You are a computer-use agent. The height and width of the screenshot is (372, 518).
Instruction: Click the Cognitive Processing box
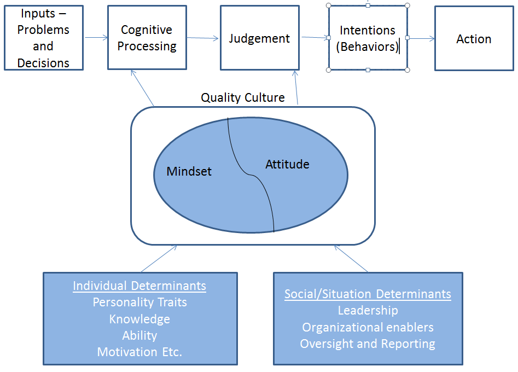pos(147,38)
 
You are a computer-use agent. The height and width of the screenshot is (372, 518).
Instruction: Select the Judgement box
pos(259,38)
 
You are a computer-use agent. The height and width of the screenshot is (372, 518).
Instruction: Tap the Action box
pos(474,39)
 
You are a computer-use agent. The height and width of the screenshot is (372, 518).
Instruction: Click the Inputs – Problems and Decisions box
pos(43,38)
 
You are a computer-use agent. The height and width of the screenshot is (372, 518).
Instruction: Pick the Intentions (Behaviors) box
pos(368,38)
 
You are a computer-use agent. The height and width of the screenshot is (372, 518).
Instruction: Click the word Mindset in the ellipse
pos(189,171)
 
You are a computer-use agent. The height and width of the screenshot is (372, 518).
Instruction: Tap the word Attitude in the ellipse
pos(287,164)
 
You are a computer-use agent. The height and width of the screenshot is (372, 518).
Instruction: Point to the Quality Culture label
pos(242,98)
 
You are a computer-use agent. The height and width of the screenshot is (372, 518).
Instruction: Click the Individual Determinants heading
pos(139,286)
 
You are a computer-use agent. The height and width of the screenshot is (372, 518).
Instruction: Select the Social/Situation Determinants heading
pos(368,294)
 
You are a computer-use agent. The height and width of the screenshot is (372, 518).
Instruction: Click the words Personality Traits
pos(139,302)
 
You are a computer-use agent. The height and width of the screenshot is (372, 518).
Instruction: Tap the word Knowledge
pos(139,319)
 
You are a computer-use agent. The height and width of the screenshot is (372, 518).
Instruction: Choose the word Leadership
pos(368,310)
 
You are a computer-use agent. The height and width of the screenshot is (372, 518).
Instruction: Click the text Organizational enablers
pos(368,327)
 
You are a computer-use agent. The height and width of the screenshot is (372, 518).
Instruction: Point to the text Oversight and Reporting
pos(368,344)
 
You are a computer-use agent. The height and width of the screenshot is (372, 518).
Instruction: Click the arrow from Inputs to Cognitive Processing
pos(96,38)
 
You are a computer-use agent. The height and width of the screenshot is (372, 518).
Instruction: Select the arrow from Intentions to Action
pos(421,38)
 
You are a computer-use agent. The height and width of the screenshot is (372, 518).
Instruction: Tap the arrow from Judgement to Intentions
pos(314,38)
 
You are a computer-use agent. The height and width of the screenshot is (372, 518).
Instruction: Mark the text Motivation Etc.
pos(139,352)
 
